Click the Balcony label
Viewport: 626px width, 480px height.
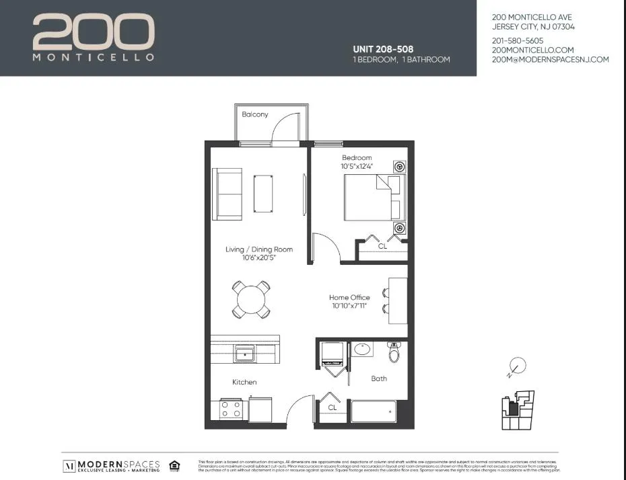click(x=255, y=114)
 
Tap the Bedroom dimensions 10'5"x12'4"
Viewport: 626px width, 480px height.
click(x=356, y=166)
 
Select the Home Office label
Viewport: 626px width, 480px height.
click(x=349, y=297)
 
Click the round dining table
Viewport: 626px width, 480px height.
click(x=251, y=298)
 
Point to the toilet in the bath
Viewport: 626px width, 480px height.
click(x=395, y=352)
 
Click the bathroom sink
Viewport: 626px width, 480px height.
click(x=363, y=350)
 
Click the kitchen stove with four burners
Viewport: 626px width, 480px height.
click(x=231, y=409)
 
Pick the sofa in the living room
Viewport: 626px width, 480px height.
click(x=228, y=194)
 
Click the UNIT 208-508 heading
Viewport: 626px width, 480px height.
click(x=383, y=49)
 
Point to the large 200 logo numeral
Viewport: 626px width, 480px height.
click(x=94, y=32)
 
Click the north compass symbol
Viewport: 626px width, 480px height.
click(x=516, y=366)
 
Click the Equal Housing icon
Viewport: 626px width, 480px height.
click(x=174, y=465)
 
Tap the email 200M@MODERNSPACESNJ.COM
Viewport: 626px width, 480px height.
click(x=550, y=59)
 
